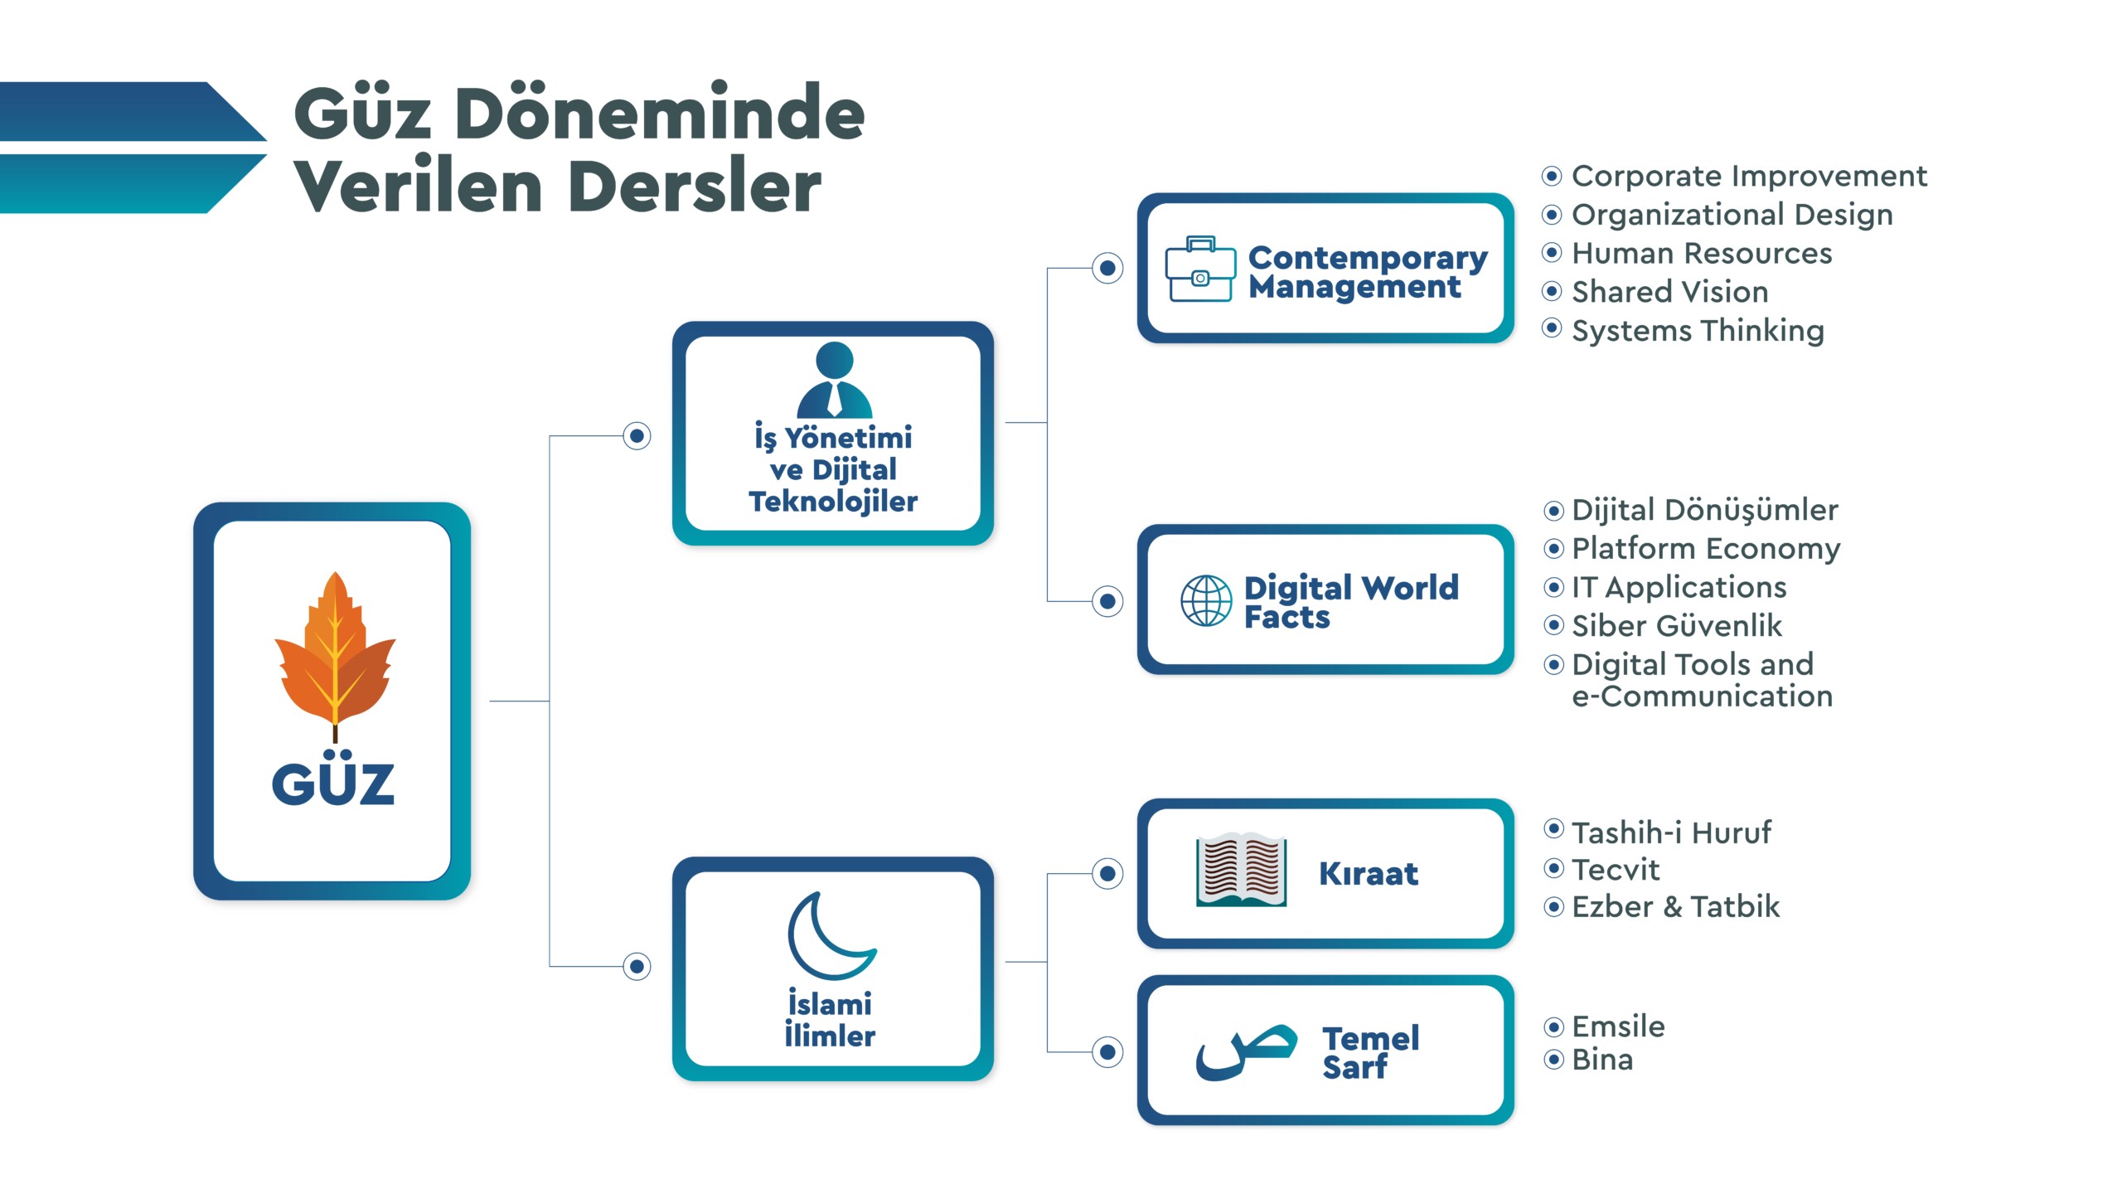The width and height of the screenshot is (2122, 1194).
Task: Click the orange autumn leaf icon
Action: click(x=335, y=651)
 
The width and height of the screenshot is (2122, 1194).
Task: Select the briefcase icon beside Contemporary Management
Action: click(x=1199, y=269)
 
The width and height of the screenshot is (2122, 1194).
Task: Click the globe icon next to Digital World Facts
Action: click(x=1206, y=600)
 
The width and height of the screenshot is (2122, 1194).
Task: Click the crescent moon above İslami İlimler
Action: click(x=829, y=934)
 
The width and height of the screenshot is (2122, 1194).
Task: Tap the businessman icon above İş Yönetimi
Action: click(x=834, y=381)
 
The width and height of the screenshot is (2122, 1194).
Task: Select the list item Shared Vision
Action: click(x=1669, y=292)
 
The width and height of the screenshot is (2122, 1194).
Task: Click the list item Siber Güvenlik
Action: click(x=1676, y=626)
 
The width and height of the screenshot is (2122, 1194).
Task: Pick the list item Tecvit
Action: click(x=1616, y=870)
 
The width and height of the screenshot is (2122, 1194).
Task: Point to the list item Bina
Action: click(x=1601, y=1060)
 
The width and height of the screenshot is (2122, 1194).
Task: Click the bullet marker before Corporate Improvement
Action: click(x=1552, y=176)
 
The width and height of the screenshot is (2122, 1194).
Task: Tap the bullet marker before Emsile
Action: click(x=1554, y=1027)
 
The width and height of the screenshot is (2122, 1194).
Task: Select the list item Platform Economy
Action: click(x=1706, y=549)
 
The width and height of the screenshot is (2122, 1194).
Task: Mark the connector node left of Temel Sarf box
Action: click(x=1107, y=1052)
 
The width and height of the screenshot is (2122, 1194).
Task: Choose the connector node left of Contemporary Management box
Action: click(x=1107, y=268)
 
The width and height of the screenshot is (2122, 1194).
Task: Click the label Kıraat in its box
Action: click(x=1369, y=874)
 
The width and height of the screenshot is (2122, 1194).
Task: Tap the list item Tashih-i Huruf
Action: click(x=1671, y=832)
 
